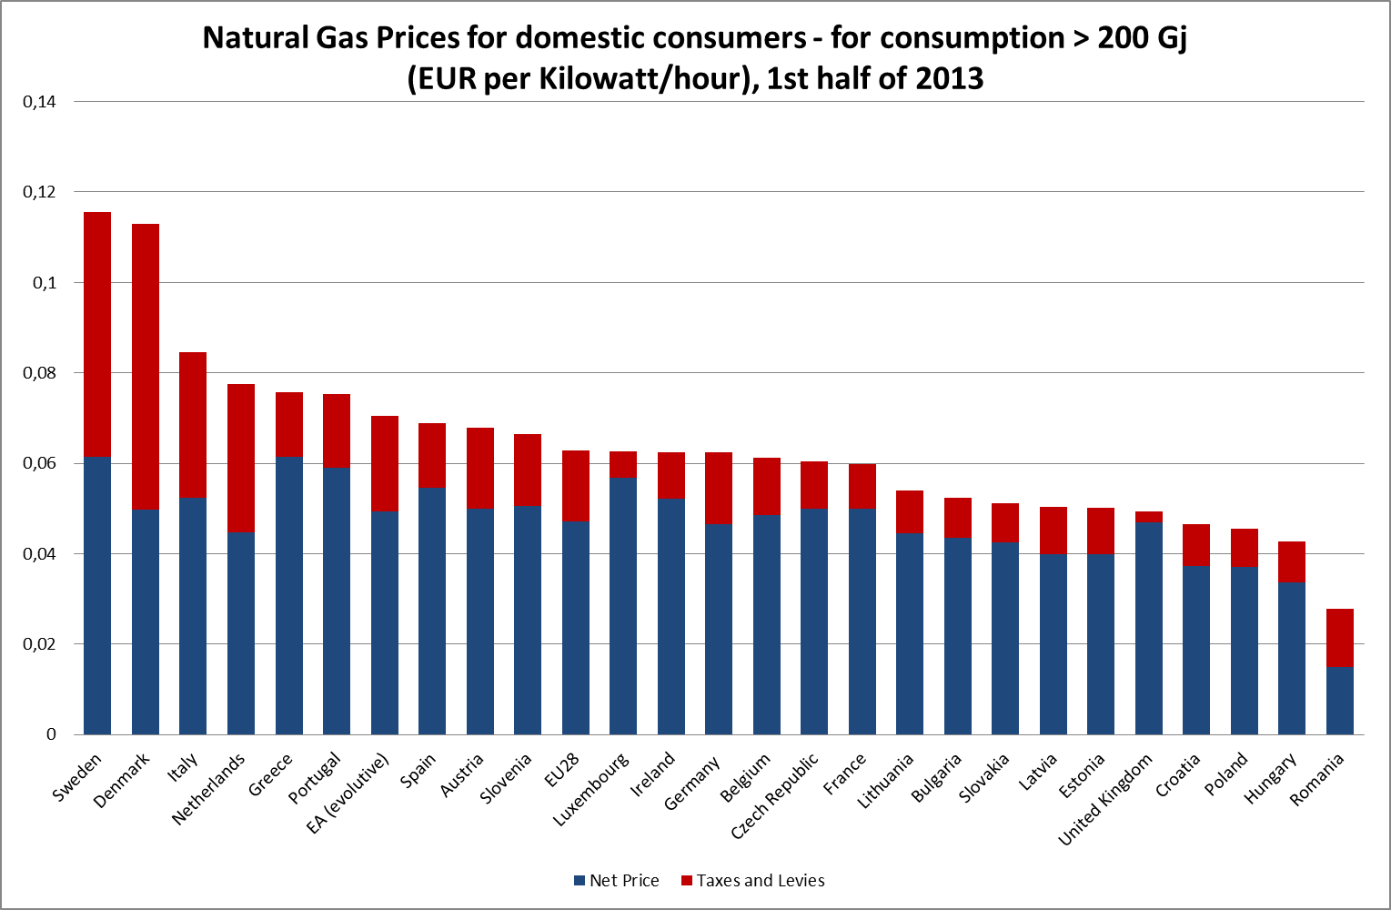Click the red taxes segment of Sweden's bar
(97, 334)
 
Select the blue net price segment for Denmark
(146, 622)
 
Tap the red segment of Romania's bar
(1340, 638)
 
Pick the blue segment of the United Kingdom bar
(1149, 628)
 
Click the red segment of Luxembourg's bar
(623, 464)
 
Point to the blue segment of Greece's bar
(289, 595)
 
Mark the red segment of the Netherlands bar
(241, 458)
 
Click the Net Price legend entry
(616, 881)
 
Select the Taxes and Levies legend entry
(752, 881)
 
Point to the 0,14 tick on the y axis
(39, 102)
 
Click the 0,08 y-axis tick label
(39, 373)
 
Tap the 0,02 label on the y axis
(39, 644)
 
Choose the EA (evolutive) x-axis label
(350, 791)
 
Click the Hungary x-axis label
(1272, 779)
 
